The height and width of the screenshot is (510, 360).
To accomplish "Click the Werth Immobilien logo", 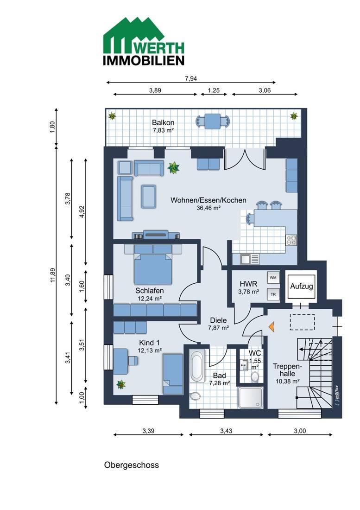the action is (144, 41).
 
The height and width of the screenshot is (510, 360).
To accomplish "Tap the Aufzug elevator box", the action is (301, 287).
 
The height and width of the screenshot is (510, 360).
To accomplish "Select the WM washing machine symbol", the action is (273, 277).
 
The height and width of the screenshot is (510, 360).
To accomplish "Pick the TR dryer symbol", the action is (273, 294).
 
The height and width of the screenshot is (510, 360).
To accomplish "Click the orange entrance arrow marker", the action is (272, 327).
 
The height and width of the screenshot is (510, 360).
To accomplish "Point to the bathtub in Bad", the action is (197, 366).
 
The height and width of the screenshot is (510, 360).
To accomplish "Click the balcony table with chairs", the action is (213, 121).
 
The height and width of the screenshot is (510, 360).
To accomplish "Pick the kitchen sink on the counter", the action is (250, 259).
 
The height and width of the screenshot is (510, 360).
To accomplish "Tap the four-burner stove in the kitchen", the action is (291, 240).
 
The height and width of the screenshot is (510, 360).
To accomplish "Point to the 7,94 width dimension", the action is (191, 78).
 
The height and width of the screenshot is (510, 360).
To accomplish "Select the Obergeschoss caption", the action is (132, 465).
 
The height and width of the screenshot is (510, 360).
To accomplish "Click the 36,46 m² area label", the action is (208, 208).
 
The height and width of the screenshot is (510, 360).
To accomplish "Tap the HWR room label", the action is (248, 284).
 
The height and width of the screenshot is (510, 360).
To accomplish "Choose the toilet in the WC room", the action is (255, 376).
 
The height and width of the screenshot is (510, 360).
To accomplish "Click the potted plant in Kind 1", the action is (121, 384).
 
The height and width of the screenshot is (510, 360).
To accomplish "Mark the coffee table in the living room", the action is (149, 196).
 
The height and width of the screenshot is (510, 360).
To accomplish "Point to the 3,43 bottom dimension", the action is (226, 431).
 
